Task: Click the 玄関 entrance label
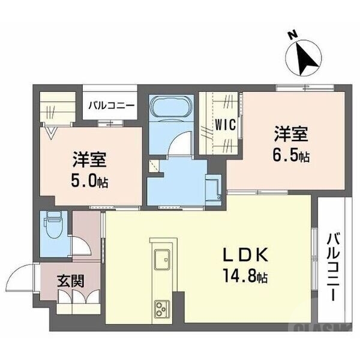[x=70, y=280]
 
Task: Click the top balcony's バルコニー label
[x=110, y=106]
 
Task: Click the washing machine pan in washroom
[x=213, y=188]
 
